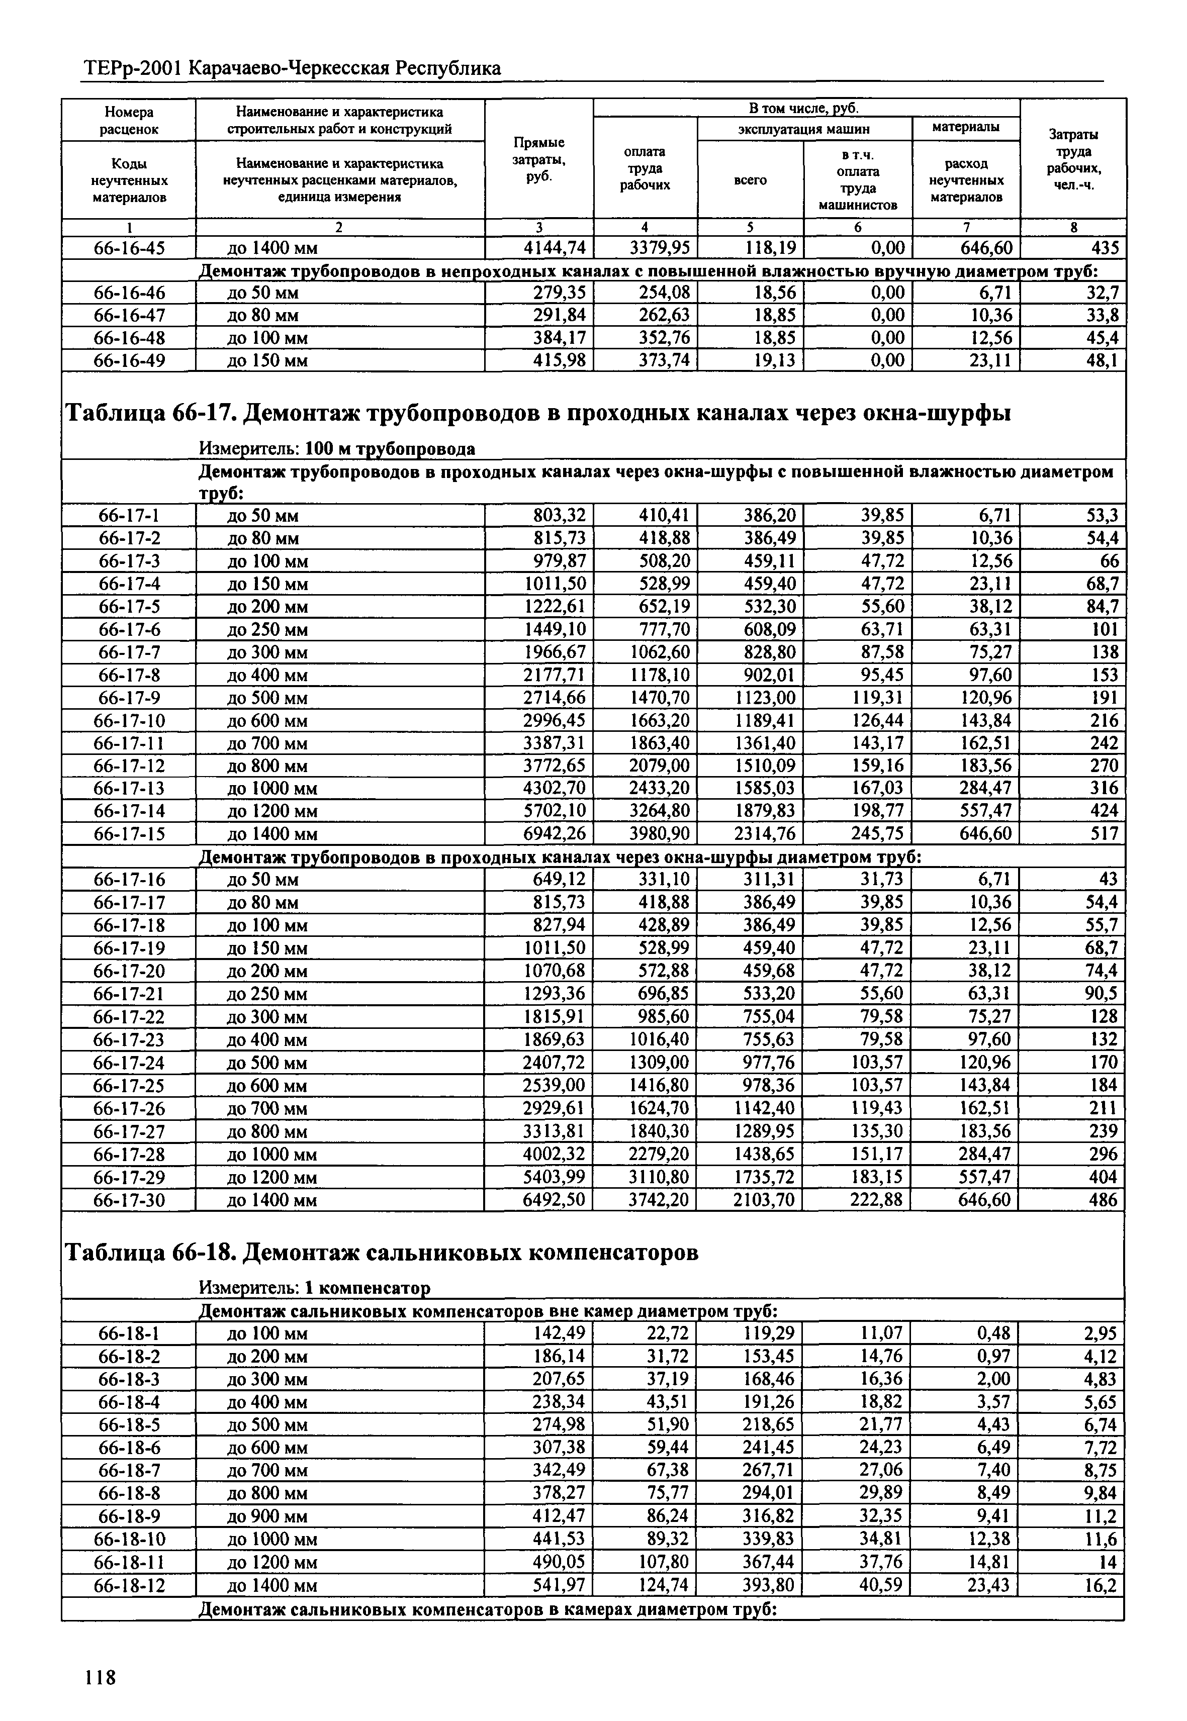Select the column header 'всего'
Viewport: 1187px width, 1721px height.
(751, 180)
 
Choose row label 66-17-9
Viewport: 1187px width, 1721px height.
(129, 697)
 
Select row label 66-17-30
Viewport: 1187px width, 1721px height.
(129, 1200)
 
